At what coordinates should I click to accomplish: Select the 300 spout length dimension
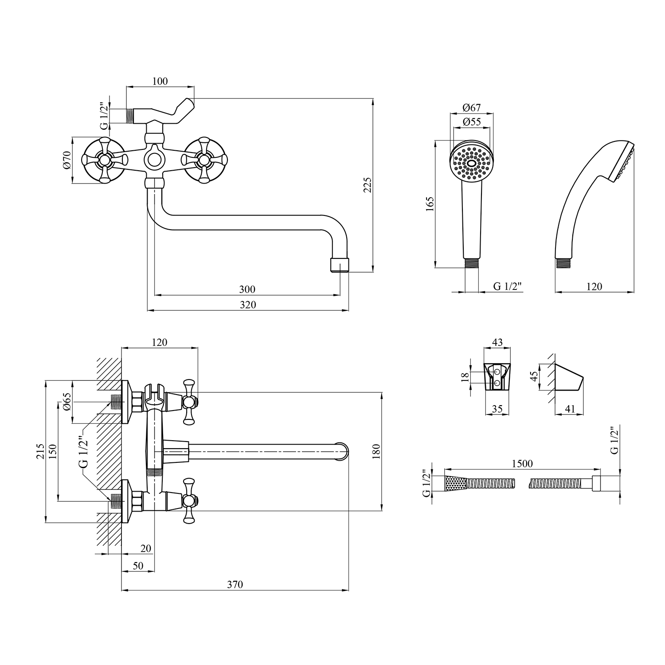click(x=247, y=289)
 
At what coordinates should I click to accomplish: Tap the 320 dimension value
click(x=248, y=305)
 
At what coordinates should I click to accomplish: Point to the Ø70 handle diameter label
click(x=67, y=160)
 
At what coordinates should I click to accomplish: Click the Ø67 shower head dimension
click(x=471, y=107)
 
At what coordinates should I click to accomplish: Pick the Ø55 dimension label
click(x=471, y=122)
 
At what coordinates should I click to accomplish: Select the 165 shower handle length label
click(x=430, y=204)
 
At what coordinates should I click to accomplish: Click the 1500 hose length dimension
click(x=522, y=463)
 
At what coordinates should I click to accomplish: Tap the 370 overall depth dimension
click(x=235, y=584)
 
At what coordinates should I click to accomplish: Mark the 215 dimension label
click(x=40, y=451)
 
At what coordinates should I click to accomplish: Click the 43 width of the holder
click(x=497, y=342)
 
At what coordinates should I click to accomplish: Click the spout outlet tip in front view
click(x=340, y=265)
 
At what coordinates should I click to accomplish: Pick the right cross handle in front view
click(x=204, y=160)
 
